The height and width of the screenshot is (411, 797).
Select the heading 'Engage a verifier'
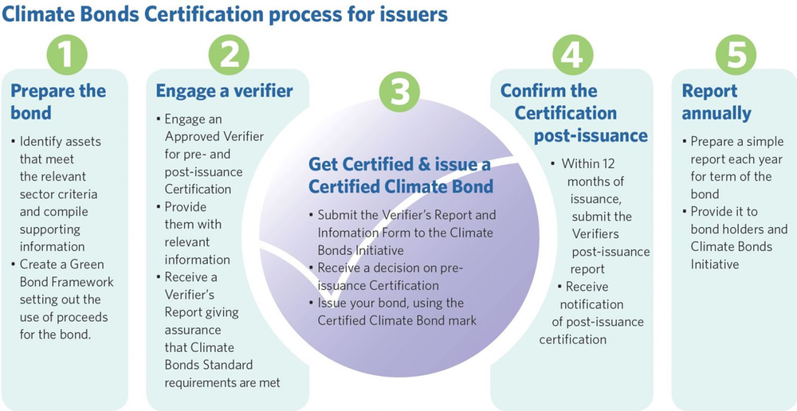224,91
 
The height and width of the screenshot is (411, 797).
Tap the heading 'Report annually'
717,102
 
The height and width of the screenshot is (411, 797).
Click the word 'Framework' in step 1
84,282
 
